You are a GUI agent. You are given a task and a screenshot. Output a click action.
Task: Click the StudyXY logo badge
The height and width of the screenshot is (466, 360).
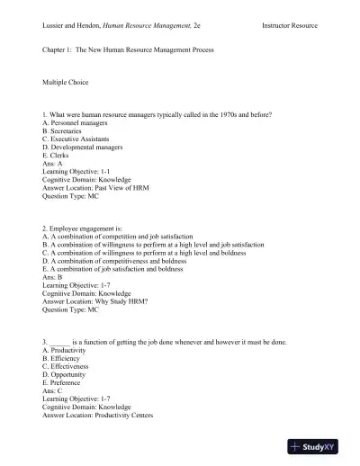[320, 446]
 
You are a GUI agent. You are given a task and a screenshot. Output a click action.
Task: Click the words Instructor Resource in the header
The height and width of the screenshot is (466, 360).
[290, 25]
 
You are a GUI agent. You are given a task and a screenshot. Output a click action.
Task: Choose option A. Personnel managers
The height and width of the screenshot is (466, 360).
[75, 123]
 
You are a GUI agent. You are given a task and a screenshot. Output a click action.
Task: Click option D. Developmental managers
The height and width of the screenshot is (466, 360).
[85, 148]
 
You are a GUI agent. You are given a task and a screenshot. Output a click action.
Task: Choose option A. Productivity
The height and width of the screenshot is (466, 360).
[68, 351]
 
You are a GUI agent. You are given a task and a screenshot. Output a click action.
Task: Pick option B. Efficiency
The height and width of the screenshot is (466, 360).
[65, 359]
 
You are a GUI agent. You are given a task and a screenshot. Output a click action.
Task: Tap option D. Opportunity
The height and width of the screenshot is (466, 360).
[68, 375]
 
